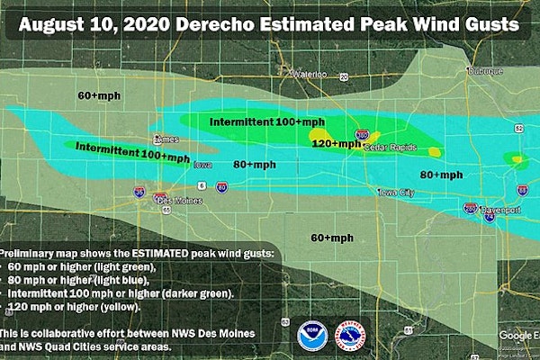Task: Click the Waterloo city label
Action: pyautogui.click(x=308, y=73)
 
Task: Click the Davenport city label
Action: pyautogui.click(x=501, y=209)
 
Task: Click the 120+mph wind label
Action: pyautogui.click(x=335, y=143)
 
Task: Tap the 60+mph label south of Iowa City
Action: pyautogui.click(x=332, y=238)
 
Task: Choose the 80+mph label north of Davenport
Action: pyautogui.click(x=441, y=175)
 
